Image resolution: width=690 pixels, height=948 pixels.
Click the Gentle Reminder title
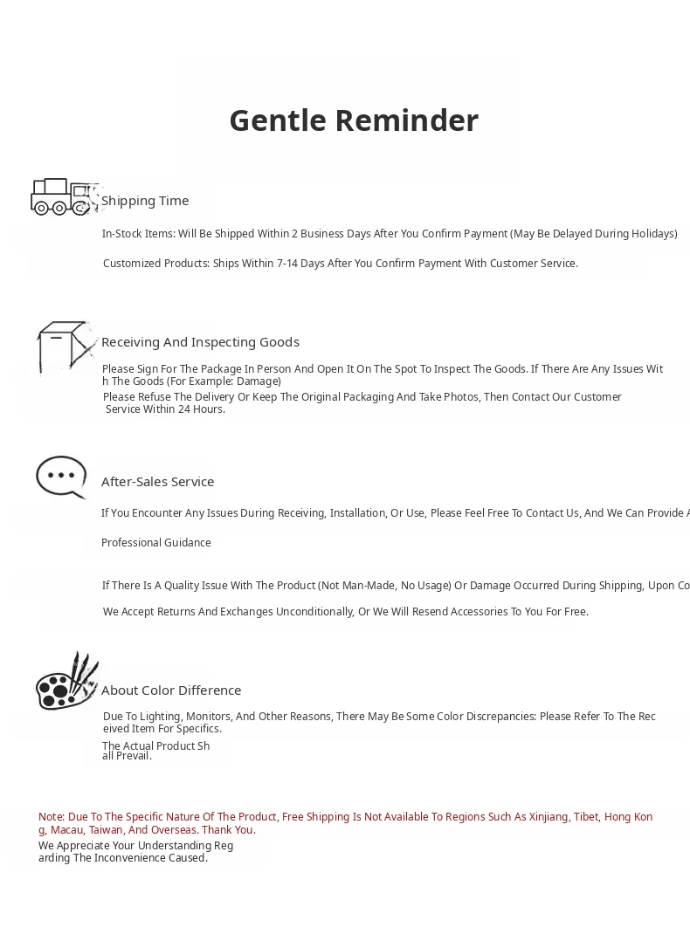(354, 120)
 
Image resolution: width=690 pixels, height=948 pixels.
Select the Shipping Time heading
(145, 201)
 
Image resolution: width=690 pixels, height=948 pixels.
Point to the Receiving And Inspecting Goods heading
(200, 342)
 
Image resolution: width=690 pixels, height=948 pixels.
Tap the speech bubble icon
(61, 477)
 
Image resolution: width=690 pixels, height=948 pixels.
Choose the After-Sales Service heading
(157, 482)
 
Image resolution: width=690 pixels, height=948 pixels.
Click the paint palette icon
(66, 682)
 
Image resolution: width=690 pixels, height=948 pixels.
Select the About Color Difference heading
(171, 690)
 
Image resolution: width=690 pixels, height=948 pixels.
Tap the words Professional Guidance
(156, 543)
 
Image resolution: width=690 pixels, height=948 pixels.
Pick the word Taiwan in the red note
(106, 830)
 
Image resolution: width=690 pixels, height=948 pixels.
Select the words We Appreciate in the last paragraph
(72, 846)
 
